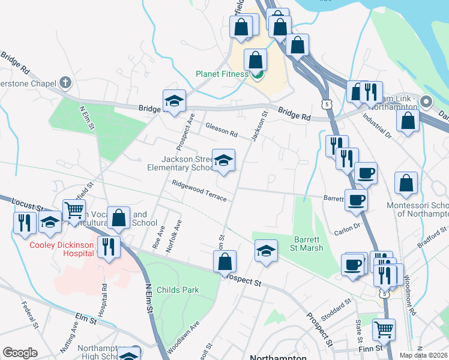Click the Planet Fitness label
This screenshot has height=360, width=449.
tap(222, 74)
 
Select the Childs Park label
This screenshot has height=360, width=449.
tap(178, 290)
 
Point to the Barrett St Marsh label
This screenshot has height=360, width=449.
tap(309, 244)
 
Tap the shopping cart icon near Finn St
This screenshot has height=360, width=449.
tap(384, 329)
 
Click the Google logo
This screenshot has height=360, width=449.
tap(20, 353)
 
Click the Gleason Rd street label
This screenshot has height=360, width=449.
tap(221, 127)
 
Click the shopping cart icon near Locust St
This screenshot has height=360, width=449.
tap(74, 210)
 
